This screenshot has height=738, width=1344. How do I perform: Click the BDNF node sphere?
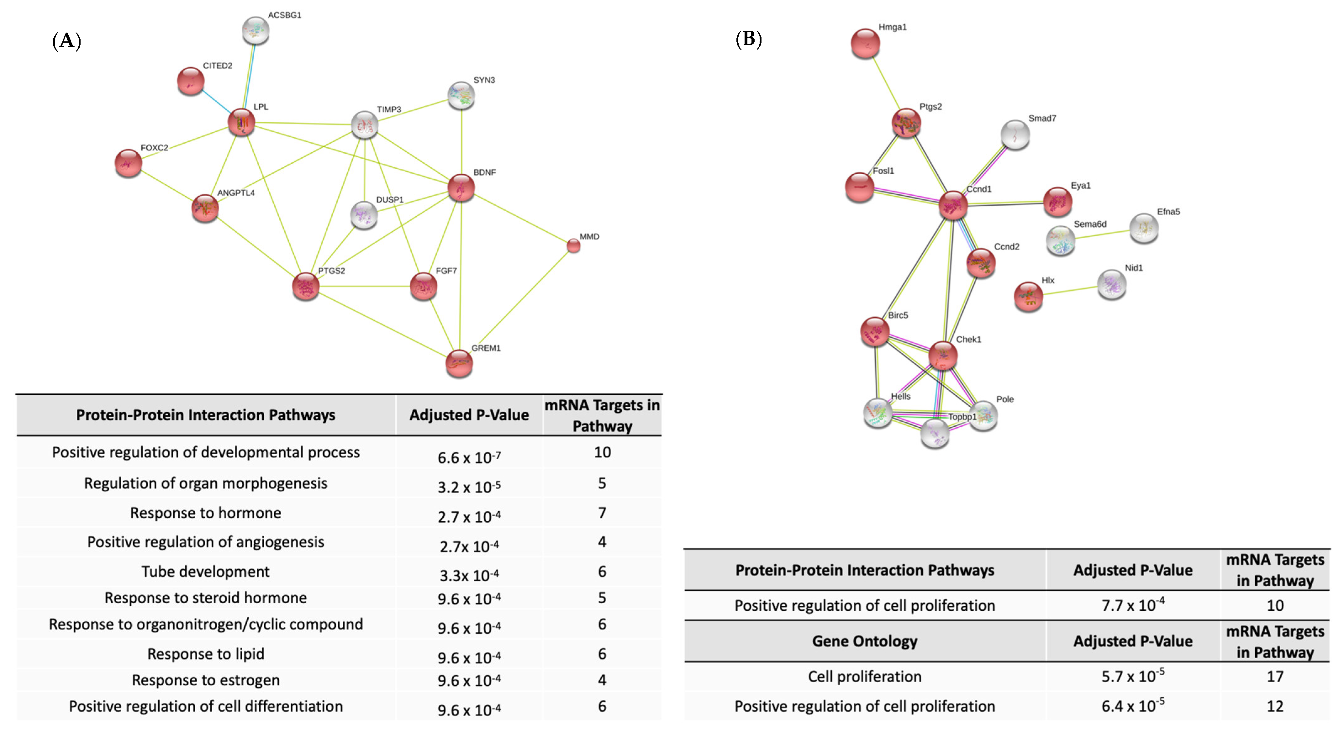coord(461,188)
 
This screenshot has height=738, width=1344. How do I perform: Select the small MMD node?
coord(573,245)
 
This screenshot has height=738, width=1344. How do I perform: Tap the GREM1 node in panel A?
coord(459,363)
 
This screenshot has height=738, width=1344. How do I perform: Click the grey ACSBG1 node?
coord(256,31)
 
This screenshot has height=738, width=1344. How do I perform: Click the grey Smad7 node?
coord(1015,135)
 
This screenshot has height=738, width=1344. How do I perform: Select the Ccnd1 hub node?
coord(953,205)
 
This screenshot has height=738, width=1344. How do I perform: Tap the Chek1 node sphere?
coord(943,356)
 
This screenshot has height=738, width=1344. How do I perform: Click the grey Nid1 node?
coord(1111,284)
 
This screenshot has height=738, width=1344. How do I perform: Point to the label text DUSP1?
coord(390,200)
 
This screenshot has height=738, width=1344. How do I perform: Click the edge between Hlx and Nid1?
coord(1070,291)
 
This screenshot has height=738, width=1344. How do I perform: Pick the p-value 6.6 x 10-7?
coord(468,457)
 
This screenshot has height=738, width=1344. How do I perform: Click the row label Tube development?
coord(206,572)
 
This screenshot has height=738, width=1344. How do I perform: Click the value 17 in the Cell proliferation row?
coord(1275,677)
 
